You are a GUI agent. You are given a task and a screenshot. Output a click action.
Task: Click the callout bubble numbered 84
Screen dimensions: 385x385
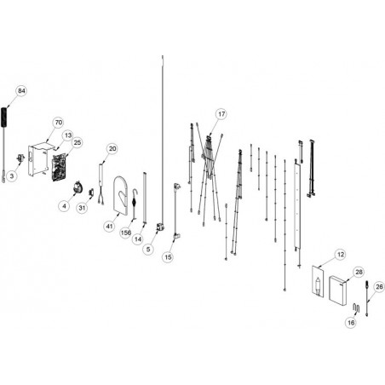click(21, 91)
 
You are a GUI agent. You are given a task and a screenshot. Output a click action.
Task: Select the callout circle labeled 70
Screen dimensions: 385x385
click(59, 123)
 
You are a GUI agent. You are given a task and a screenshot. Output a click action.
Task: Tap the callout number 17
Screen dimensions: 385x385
click(221, 114)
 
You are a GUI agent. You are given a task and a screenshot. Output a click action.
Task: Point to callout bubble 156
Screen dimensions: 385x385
click(126, 233)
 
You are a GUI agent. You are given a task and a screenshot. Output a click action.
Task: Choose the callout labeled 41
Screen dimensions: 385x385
click(110, 227)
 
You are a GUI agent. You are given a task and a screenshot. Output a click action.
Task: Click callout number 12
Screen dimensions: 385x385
click(341, 255)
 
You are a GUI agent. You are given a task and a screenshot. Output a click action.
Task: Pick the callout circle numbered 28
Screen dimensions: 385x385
click(359, 272)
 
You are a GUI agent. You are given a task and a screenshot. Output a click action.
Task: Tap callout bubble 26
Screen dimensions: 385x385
click(379, 287)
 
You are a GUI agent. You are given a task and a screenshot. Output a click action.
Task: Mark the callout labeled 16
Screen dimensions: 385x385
click(351, 323)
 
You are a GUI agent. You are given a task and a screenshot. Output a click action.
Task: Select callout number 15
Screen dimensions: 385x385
click(168, 257)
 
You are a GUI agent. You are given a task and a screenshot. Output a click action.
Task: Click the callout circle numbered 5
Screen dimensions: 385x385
click(148, 250)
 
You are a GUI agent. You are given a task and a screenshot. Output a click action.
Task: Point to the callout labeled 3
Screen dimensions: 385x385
click(12, 175)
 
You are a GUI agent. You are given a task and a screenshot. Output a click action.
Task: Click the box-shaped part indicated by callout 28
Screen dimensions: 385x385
click(337, 291)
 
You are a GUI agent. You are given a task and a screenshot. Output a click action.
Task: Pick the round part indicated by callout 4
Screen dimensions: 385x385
click(77, 187)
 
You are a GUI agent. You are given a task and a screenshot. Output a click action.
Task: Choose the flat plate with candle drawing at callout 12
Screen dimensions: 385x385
click(318, 281)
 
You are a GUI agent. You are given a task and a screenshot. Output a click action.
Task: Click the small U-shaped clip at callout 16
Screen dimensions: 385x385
click(356, 307)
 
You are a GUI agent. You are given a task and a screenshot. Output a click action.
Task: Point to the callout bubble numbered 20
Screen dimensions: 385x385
click(112, 148)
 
